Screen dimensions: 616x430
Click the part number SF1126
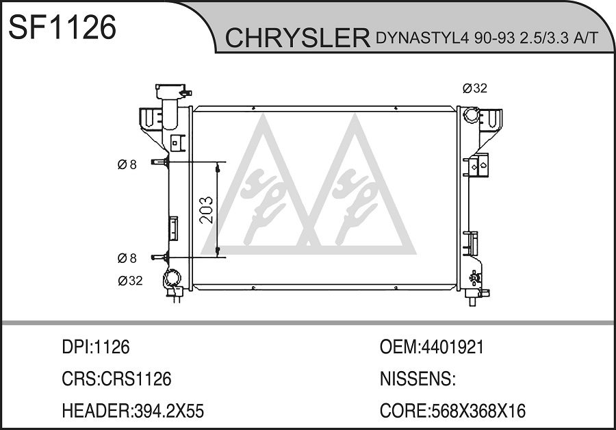(x=62, y=27)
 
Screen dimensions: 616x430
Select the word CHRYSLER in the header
(x=298, y=38)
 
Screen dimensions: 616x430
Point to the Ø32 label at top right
(x=474, y=88)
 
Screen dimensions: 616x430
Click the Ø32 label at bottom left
(x=130, y=281)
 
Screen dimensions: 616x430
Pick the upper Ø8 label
(x=127, y=164)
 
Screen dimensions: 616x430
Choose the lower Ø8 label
(x=127, y=258)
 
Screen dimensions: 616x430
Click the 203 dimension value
(x=206, y=210)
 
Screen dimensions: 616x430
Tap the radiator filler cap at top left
(x=171, y=92)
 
